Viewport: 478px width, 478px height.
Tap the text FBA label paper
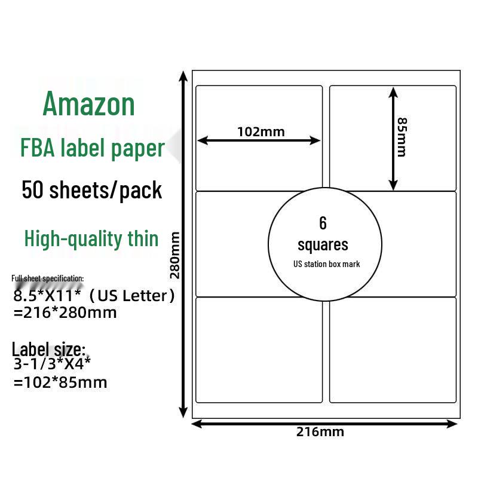coord(93,148)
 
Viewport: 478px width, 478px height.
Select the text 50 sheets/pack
coord(91,190)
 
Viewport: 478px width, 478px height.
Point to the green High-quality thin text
coord(91,238)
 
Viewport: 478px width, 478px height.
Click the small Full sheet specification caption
coord(48,278)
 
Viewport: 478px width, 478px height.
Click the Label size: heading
coord(49,349)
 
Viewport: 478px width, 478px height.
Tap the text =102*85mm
coord(60,382)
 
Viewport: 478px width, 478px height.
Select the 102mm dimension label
coord(261,131)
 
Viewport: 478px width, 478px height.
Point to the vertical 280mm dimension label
coord(175,255)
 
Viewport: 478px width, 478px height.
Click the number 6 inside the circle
coord(323,223)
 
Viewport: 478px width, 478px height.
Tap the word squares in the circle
coord(323,244)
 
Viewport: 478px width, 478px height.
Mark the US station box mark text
coord(326,264)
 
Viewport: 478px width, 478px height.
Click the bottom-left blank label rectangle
coord(259,350)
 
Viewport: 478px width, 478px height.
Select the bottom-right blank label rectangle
coord(393,350)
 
